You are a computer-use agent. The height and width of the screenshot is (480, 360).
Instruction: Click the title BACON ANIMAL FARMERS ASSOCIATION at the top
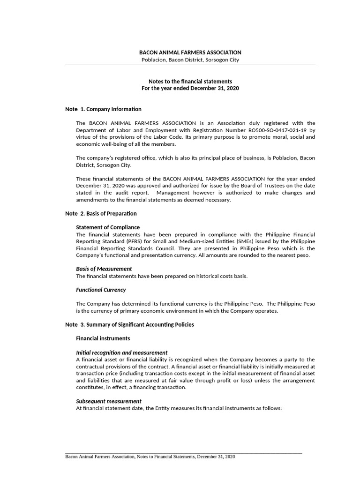tap(190, 52)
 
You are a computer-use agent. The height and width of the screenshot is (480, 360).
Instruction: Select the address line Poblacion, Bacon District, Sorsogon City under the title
tap(190, 60)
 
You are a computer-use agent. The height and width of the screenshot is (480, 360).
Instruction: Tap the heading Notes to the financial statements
tap(190, 82)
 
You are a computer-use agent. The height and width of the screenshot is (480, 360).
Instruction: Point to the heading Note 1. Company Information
tap(103, 109)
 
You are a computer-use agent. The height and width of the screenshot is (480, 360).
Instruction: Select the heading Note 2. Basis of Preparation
tap(101, 214)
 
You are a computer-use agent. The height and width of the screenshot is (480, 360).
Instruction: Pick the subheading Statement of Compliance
tap(108, 227)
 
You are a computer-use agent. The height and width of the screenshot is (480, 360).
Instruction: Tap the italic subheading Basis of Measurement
tap(104, 269)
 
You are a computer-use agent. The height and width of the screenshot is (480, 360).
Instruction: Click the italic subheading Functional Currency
tap(101, 290)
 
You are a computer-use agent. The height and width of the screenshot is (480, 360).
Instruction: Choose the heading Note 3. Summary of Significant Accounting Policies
tap(129, 324)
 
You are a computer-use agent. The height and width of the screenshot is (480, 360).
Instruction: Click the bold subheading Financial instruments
tap(103, 338)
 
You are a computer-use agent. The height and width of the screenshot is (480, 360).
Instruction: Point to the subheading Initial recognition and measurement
tap(121, 352)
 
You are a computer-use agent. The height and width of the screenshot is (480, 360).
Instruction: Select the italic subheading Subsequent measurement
tap(108, 401)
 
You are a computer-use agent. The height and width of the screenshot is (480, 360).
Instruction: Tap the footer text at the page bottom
tap(150, 457)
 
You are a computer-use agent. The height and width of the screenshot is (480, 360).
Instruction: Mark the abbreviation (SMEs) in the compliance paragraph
tap(231, 241)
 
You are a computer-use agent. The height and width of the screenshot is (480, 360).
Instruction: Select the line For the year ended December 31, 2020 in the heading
tap(190, 89)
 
